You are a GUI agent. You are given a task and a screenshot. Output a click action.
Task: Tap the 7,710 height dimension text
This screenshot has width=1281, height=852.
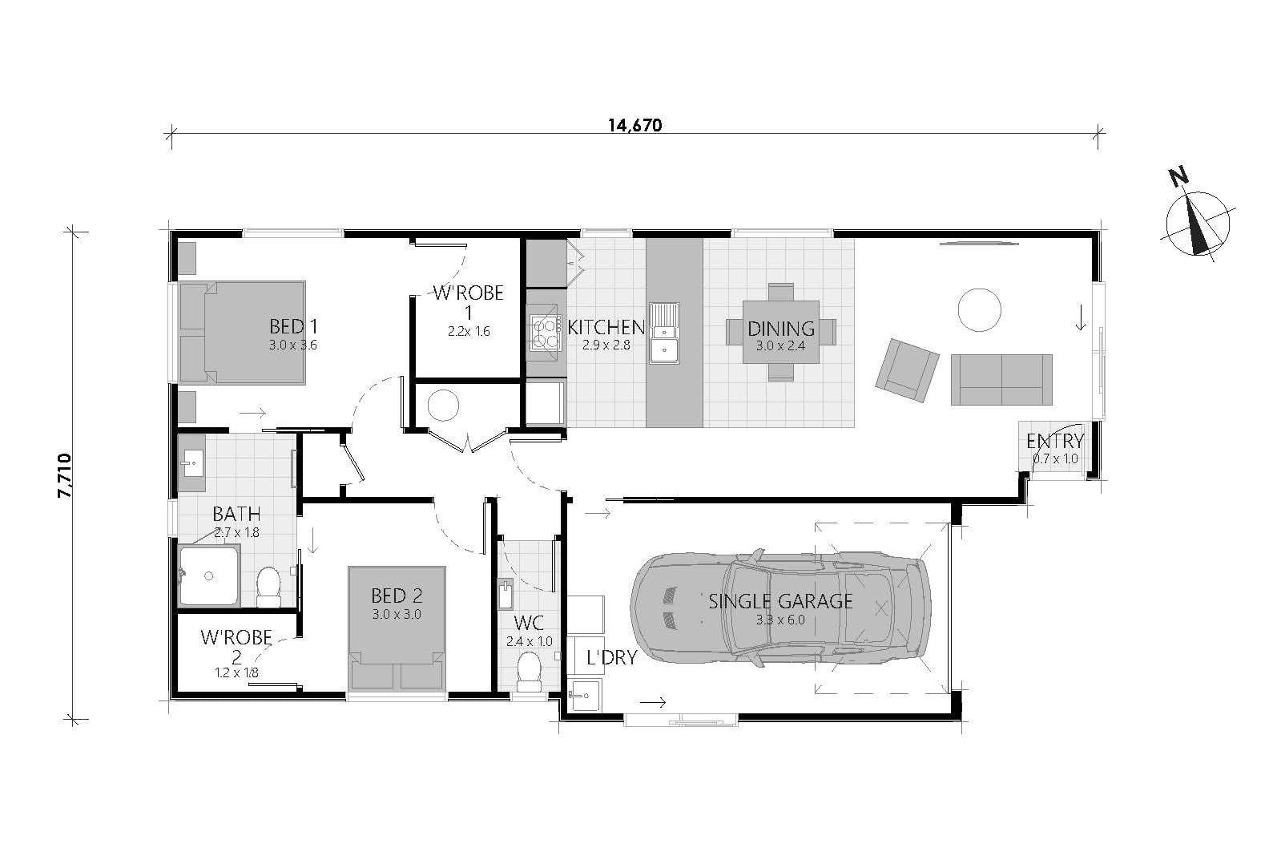66,476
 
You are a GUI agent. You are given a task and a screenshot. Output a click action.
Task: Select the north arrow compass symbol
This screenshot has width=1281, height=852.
1198,224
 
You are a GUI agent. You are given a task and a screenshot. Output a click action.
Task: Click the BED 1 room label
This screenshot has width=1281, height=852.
293,327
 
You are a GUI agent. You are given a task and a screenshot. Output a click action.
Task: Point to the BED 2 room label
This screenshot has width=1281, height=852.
396,596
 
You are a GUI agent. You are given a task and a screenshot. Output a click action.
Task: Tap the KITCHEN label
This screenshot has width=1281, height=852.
606,327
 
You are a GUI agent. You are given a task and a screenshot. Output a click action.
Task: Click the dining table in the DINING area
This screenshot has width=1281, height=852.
780,331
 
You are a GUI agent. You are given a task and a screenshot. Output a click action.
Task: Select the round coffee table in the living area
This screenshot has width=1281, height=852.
980,309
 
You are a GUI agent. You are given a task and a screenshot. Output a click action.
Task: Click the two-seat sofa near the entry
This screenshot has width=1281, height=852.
1001,380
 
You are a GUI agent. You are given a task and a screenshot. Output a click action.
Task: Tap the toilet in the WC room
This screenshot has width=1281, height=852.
529,672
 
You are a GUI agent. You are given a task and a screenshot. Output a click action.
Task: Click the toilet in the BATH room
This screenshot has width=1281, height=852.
268,588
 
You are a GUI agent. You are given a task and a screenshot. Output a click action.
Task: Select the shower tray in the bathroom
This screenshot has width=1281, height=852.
209,575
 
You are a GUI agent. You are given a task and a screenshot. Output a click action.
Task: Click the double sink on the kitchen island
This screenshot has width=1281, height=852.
664,333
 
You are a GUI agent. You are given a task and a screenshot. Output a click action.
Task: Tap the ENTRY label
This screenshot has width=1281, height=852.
1054,441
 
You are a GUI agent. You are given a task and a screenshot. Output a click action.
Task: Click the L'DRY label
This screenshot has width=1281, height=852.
611,658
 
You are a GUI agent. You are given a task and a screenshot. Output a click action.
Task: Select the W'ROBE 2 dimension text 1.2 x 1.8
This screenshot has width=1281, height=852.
236,673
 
